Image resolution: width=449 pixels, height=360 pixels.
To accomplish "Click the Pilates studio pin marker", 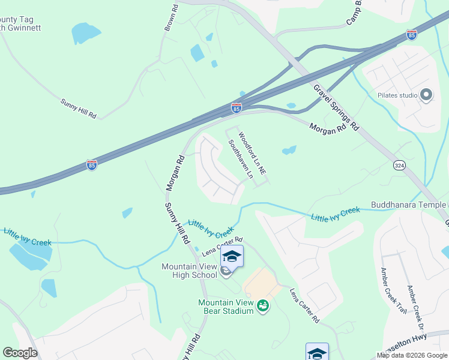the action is pos(427,95).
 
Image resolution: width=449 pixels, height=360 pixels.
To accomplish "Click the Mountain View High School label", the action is pos(188,271).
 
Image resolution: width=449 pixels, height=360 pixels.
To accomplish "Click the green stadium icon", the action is pos(262,307).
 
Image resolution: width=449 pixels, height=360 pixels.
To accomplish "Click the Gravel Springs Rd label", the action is pos(336,107).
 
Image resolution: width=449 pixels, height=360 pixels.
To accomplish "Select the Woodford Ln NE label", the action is pos(252,154).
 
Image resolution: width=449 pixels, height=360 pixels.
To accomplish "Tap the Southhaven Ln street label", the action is pos(239,160).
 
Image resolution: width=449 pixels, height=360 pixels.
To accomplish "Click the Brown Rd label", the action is pos(172,19).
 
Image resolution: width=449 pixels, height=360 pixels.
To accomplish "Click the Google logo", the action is pos(20,353).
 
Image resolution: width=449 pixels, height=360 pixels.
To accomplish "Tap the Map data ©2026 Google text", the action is pos(412,355).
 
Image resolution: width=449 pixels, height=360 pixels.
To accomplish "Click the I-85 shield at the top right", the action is pos(411,35).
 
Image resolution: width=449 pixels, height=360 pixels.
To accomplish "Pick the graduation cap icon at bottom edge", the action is pos(317,353).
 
